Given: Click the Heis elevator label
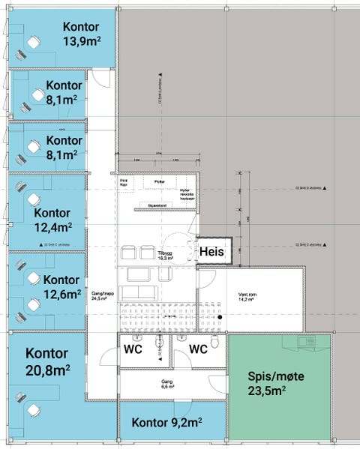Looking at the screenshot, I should tap(212, 253).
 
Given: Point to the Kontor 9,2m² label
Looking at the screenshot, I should tap(166, 424).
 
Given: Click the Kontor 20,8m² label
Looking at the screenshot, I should tap(47, 361).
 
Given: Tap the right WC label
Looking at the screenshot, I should tap(198, 349).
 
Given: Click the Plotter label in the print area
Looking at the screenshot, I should tap(159, 181).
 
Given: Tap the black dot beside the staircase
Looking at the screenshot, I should tap(221, 319).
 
